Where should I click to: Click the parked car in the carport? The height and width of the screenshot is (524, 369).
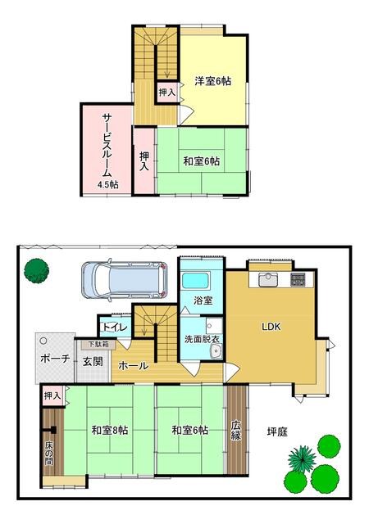tap(125, 280)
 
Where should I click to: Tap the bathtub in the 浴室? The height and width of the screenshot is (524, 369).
tap(196, 282)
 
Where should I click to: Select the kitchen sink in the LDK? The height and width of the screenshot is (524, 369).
tap(268, 280)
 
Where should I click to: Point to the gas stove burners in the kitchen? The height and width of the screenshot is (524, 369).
tap(298, 279)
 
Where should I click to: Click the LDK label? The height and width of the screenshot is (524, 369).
tap(271, 327)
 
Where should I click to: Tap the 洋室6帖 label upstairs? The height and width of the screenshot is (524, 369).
tap(213, 81)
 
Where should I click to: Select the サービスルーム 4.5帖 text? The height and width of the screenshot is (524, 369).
tap(107, 151)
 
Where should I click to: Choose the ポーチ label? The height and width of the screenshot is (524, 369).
tap(55, 359)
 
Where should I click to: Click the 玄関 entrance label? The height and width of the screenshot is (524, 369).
tap(93, 361)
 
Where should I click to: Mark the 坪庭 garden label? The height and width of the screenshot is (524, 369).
tap(277, 431)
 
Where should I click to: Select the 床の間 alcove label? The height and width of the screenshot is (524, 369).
tap(49, 454)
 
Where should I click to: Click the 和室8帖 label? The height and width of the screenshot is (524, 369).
tap(110, 430)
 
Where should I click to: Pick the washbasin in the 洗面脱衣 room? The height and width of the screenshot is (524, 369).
tap(216, 351)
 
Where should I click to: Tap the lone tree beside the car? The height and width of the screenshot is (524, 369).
tap(37, 271)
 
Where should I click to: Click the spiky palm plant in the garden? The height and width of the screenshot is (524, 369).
tap(302, 458)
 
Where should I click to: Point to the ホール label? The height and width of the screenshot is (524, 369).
tap(134, 366)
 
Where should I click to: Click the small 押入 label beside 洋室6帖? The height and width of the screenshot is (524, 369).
tap(166, 92)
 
